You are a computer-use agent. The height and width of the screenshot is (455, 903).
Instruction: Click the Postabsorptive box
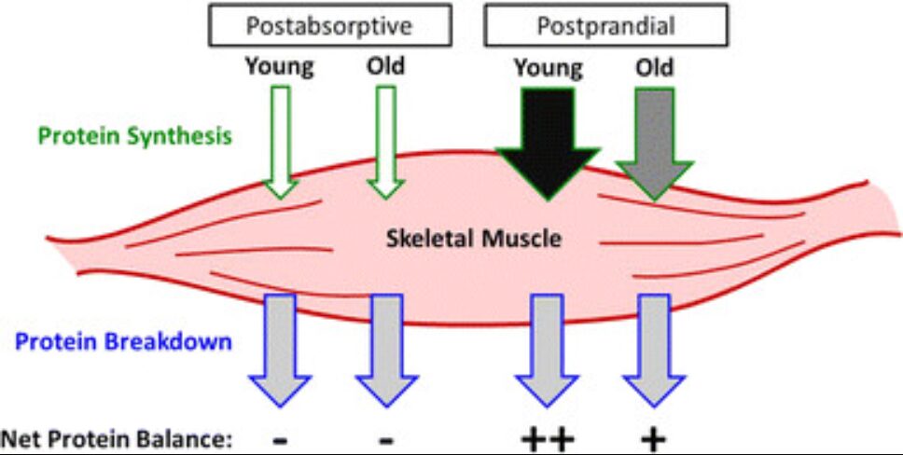329,25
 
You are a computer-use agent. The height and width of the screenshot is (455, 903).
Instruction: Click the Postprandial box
605,25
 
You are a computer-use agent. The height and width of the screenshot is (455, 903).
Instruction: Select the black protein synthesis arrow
548,144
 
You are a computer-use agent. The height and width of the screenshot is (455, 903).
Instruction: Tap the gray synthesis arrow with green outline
654,144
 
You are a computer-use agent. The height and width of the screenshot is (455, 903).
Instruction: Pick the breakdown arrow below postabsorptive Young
280,351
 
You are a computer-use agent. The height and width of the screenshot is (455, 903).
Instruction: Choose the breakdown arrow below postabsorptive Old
387,351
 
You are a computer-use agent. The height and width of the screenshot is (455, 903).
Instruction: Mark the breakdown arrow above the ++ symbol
547,351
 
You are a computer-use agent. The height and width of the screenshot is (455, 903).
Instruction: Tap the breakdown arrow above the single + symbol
654,351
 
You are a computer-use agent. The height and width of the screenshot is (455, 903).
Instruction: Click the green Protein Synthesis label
135,136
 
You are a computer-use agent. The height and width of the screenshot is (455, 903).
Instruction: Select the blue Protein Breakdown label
123,342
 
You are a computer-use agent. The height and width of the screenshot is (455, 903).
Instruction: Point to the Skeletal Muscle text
473,238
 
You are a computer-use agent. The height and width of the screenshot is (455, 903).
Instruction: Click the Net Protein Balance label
117,441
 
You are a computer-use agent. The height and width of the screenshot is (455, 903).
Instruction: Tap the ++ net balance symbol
548,441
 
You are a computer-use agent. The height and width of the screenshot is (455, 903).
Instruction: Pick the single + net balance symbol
654,441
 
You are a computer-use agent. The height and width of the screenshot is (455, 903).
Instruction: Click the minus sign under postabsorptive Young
280,442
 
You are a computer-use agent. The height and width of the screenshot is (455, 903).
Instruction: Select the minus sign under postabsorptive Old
386,442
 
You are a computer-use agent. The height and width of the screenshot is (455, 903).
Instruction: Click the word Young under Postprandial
549,69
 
